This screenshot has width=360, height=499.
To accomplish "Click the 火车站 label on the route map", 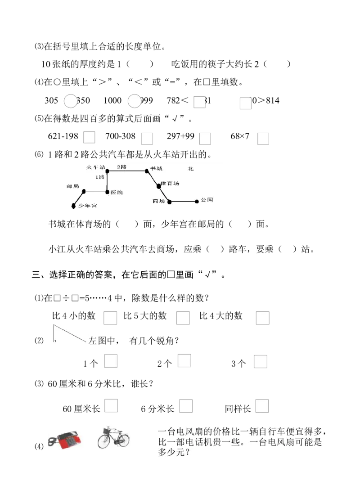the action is [95, 167].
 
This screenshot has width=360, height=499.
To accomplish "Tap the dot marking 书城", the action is [147, 171].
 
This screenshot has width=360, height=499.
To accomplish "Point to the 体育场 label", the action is [171, 184].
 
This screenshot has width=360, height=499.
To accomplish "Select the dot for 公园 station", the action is [197, 202].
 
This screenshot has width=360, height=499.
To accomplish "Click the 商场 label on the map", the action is [159, 201].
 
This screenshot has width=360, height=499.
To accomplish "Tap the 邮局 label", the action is [72, 186].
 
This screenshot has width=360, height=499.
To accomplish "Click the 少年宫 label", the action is [87, 206].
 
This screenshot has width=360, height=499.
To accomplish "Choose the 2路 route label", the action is [121, 167].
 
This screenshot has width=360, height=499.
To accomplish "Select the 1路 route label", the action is [99, 177].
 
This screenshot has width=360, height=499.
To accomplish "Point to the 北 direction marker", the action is [191, 169].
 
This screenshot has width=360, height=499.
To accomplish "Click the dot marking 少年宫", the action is [74, 206].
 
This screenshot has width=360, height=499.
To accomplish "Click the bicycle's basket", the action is [107, 431].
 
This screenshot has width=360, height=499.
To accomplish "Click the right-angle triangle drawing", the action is [70, 333].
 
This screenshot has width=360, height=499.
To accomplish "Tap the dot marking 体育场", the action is [158, 186].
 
